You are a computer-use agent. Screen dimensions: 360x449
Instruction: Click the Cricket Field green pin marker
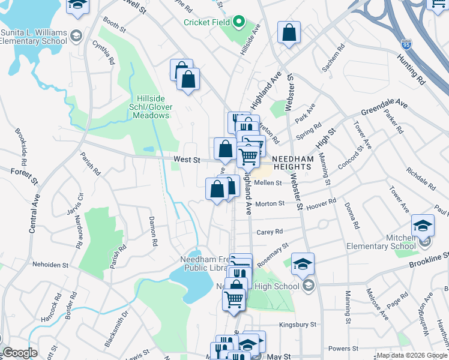239,23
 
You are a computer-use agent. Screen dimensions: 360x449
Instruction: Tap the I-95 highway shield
406,44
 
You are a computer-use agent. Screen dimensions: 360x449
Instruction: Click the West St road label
186,160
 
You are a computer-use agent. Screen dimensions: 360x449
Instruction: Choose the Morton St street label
270,203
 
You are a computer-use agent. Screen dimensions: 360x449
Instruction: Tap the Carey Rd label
270,232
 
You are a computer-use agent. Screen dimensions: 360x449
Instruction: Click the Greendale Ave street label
384,109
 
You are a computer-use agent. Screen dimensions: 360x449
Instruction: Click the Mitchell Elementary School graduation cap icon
423,225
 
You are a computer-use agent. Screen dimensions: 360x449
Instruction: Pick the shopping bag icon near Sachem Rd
289,32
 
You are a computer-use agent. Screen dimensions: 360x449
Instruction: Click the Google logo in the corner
20,353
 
